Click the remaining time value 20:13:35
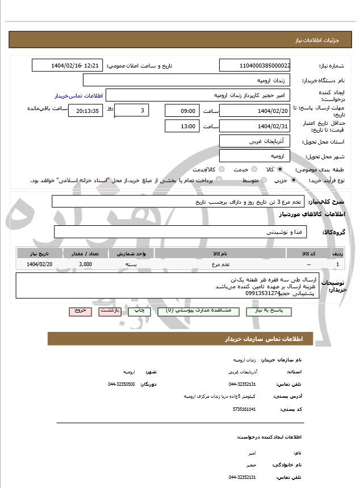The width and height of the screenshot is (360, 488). click(x=86, y=111)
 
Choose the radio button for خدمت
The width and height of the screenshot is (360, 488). click(x=253, y=169)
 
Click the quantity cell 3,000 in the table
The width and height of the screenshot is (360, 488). click(x=86, y=264)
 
